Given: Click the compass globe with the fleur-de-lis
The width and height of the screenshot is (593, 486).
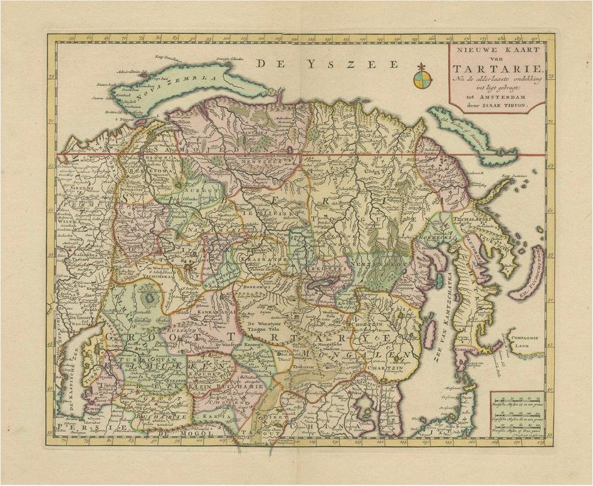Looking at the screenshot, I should pyautogui.click(x=422, y=78).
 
